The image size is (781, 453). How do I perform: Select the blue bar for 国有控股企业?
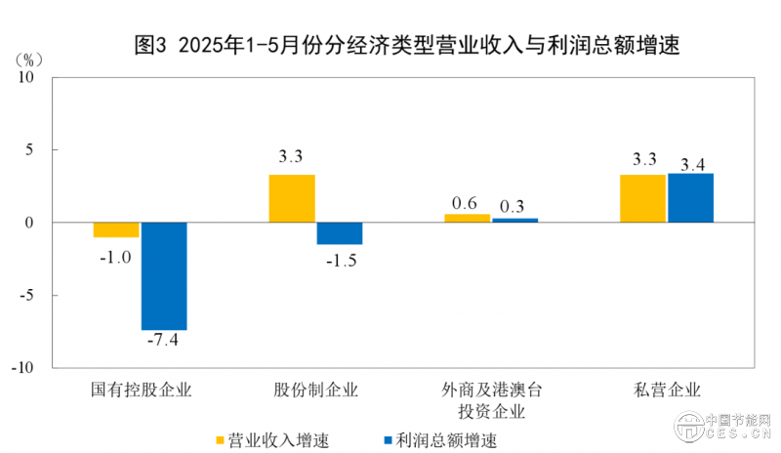164,276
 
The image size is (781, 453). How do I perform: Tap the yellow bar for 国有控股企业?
116,229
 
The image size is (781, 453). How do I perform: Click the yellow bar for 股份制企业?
292,198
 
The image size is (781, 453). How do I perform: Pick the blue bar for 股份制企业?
339,233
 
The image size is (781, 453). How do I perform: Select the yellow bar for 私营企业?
643,198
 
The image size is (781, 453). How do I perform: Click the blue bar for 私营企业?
690,197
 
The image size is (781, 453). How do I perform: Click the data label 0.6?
465,203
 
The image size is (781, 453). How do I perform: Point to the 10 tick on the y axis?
26,77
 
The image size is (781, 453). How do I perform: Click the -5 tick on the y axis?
28,295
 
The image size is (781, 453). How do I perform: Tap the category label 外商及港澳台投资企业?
491,400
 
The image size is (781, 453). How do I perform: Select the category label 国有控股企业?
141,391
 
